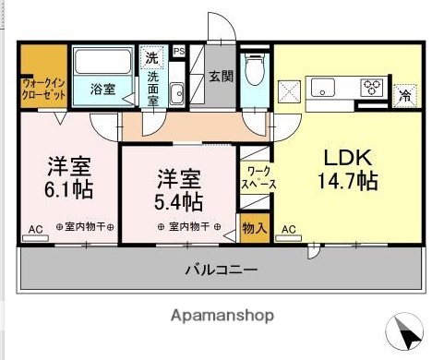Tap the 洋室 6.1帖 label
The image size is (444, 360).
pos(68,179)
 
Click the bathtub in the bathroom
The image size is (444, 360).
pos(103,64)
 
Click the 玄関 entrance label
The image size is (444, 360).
pos(220,78)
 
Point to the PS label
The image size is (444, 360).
pos(178,52)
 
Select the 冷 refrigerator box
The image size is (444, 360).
pos(404,92)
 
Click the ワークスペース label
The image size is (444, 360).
pos(254,178)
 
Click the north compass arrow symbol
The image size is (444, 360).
pos(407,330)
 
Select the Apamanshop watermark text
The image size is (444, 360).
pos(222,316)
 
